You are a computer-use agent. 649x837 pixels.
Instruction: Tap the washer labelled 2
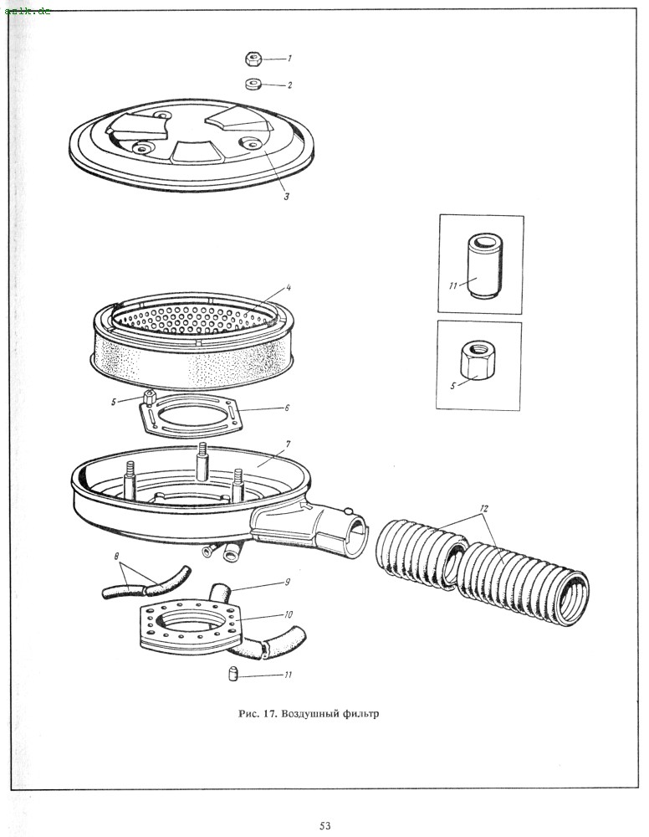253,84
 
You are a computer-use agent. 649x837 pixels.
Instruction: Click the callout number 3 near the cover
286,198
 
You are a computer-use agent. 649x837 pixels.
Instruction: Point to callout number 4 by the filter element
288,289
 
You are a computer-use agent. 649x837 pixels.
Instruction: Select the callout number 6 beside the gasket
286,408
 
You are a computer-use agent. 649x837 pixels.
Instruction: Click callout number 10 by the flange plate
288,615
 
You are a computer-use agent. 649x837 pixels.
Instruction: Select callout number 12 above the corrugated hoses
484,509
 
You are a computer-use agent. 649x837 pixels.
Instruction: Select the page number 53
325,826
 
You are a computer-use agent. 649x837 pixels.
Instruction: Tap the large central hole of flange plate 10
191,623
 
